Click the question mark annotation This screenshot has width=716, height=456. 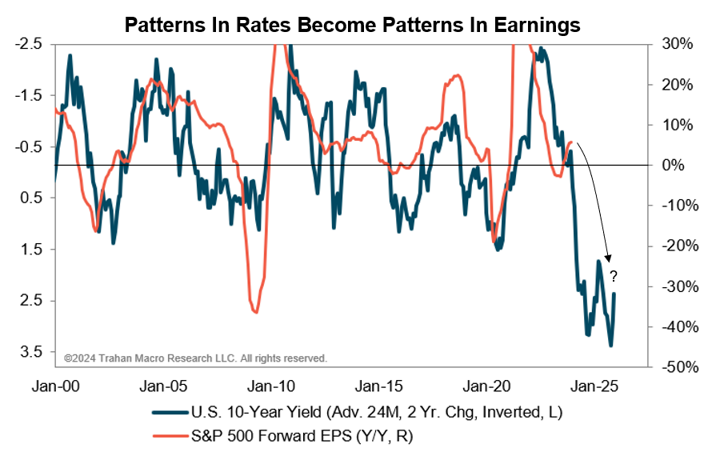614,278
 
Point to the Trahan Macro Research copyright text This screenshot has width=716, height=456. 195,358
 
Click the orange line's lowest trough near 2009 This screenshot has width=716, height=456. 255,312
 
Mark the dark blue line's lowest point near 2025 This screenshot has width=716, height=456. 611,345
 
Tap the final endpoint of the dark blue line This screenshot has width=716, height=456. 614,294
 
